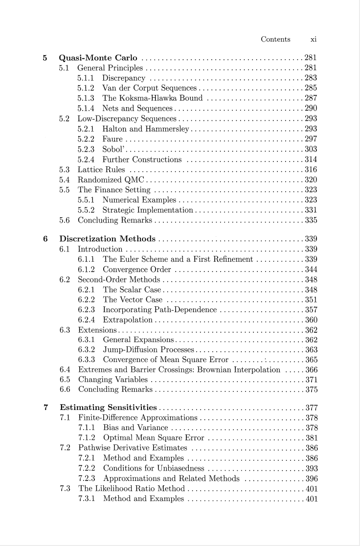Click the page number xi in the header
[x=314, y=40]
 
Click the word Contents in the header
[x=275, y=40]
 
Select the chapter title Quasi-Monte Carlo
[x=98, y=58]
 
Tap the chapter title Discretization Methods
[x=107, y=239]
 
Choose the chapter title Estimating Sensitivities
[x=108, y=407]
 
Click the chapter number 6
[x=45, y=239]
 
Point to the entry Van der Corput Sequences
[x=149, y=88]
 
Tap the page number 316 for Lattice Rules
[x=311, y=170]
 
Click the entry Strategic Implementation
[x=148, y=210]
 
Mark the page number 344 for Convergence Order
[x=311, y=270]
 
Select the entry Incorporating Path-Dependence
[x=160, y=310]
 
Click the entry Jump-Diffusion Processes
[x=149, y=350]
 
